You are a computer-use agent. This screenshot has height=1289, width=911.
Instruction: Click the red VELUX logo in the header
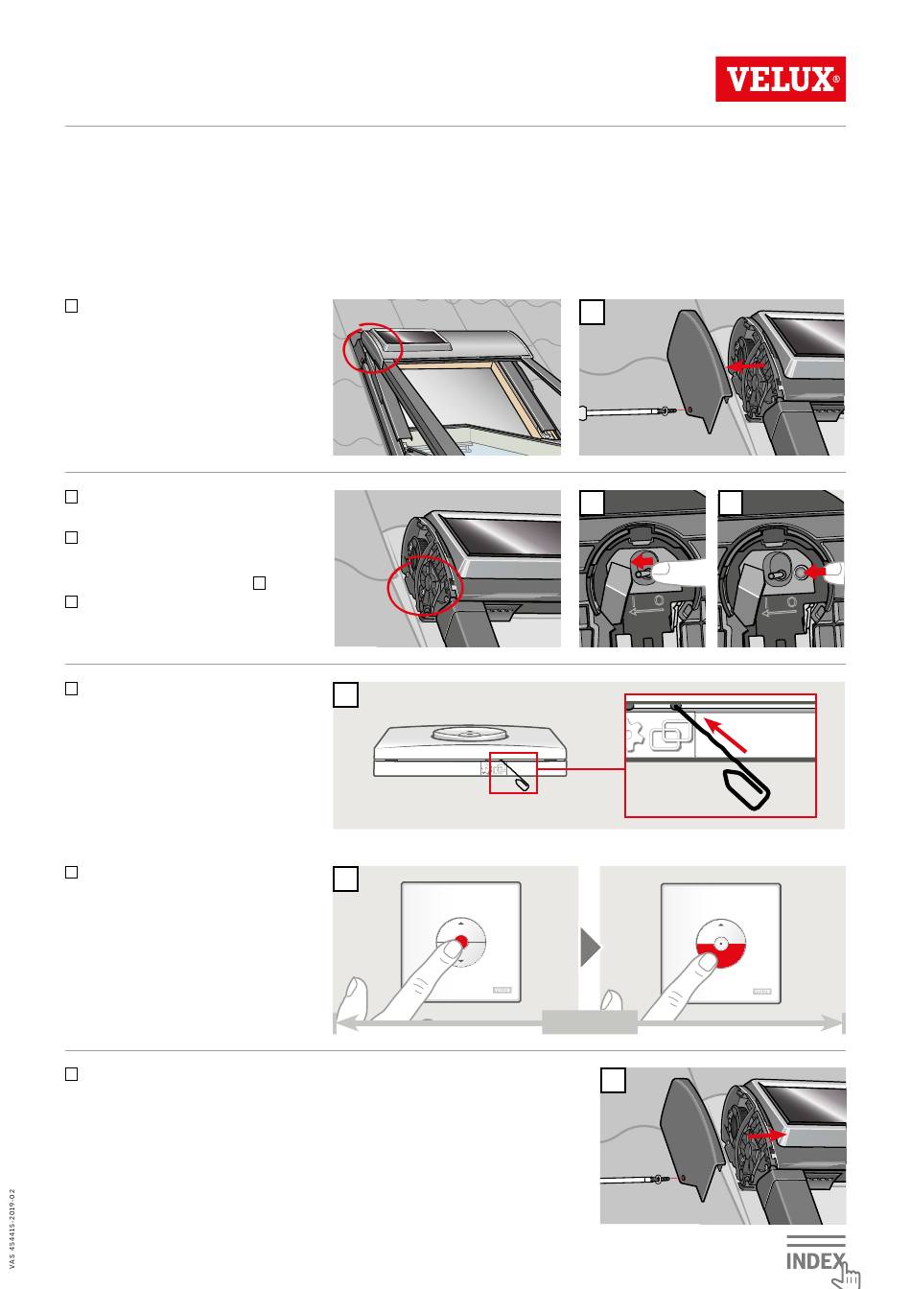pos(780,79)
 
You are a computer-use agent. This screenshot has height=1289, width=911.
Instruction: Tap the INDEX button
pos(815,1259)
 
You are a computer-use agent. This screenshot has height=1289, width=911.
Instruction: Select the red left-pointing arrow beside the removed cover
pos(746,365)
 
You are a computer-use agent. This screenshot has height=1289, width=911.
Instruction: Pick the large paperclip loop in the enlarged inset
pos(747,789)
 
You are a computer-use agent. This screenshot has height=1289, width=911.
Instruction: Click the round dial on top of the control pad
pos(470,733)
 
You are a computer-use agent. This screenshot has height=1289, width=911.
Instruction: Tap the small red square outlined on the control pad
pos(513,773)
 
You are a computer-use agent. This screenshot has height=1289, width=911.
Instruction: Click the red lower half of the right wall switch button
pos(720,955)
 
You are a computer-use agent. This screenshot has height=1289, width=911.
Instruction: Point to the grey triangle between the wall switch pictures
pos(591,947)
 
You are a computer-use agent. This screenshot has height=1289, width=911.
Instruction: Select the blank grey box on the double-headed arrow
pos(590,1021)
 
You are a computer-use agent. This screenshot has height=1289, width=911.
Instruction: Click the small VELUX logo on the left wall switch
pos(502,990)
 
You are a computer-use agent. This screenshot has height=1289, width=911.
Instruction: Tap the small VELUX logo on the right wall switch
pos(762,991)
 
